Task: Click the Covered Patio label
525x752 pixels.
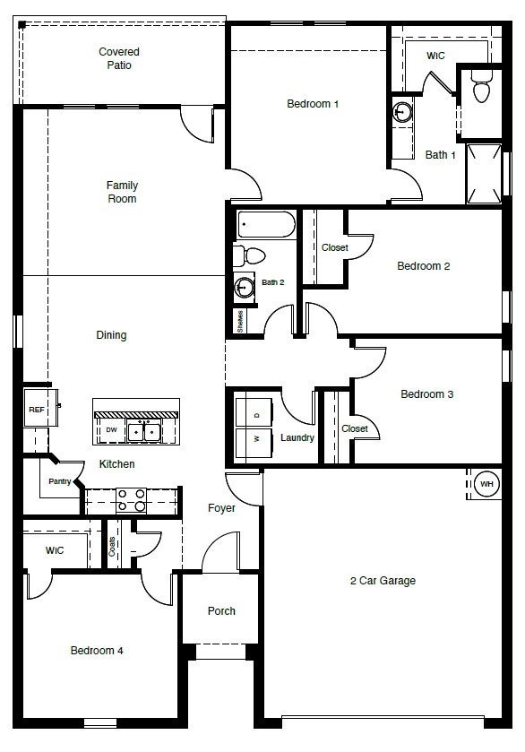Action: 119,58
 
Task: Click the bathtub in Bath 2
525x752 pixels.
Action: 266,224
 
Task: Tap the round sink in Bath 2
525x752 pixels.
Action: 244,287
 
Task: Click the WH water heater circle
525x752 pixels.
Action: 486,485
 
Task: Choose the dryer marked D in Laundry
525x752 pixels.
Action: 257,415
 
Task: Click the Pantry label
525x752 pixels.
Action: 60,481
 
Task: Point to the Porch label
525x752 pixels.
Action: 221,611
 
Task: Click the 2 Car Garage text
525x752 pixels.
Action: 383,581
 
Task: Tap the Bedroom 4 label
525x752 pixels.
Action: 97,651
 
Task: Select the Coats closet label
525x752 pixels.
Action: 112,547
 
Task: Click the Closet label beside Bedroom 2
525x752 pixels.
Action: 334,247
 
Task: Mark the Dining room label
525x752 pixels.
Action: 111,335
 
